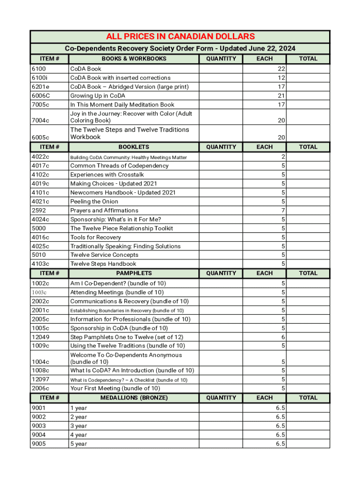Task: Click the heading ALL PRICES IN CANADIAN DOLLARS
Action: coord(180,36)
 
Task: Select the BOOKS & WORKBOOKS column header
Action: coord(134,58)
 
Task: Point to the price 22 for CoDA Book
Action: coord(281,69)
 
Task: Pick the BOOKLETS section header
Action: coord(134,147)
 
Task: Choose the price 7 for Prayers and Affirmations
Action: coord(283,210)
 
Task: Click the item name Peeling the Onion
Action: coord(94,202)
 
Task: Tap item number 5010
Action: coord(38,255)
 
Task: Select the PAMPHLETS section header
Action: coord(134,273)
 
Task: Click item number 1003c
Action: coord(39,292)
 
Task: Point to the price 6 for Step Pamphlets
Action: coord(283,337)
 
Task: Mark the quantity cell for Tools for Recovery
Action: coord(221,237)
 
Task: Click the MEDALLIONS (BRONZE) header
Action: coord(134,398)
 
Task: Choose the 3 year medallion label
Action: coord(79,426)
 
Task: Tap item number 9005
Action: coord(38,443)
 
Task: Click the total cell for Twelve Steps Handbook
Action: coord(308,264)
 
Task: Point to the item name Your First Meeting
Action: coord(115,388)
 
